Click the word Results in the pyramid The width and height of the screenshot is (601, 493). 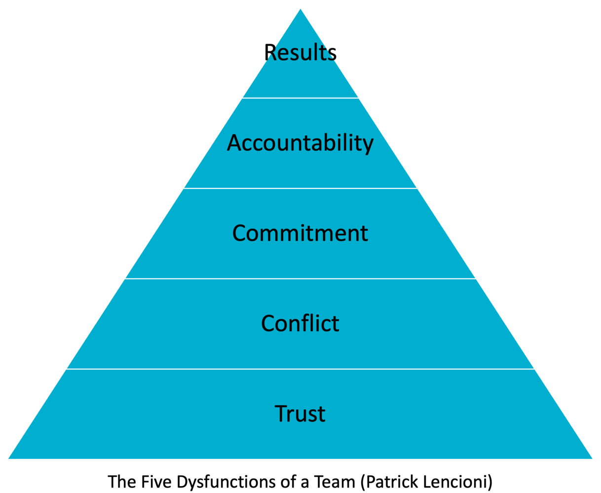point(300,53)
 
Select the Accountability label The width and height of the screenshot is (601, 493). point(300,143)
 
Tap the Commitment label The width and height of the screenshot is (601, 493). point(300,233)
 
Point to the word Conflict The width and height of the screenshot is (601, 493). point(300,323)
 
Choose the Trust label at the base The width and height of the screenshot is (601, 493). point(300,414)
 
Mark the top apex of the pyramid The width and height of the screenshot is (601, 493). point(300,10)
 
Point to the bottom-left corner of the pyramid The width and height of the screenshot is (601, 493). point(9,458)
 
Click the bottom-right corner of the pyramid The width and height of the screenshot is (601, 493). point(591,458)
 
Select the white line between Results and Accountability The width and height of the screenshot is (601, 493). point(300,98)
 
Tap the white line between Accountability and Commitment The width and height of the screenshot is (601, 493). point(300,188)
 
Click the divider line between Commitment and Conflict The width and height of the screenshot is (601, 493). point(300,279)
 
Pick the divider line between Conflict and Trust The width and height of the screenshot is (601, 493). point(300,369)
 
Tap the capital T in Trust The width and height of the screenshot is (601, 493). point(280,414)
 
